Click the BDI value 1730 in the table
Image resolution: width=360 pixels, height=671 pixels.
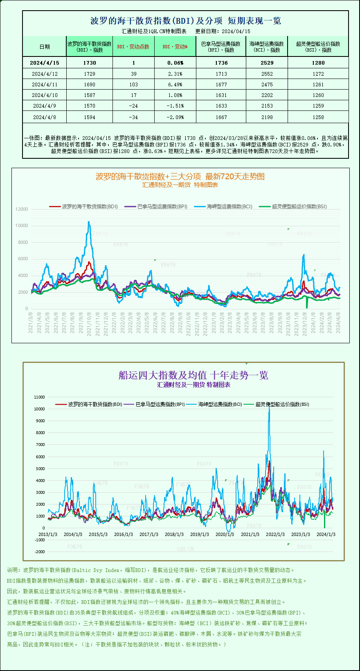tap(89, 63)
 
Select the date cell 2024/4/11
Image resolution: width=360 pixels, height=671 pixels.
tap(45, 84)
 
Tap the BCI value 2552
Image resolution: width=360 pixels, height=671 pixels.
tap(267, 74)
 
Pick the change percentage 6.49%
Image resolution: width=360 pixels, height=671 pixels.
tap(175, 84)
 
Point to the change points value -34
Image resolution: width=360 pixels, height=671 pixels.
tap(133, 117)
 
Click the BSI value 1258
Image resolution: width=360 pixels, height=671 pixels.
tap(318, 117)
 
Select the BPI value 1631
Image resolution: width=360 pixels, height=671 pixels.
tap(221, 95)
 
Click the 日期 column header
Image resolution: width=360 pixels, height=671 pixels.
tap(45, 47)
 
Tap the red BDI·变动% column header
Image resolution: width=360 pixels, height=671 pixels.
tap(175, 47)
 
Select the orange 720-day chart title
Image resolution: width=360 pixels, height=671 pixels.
tap(180, 176)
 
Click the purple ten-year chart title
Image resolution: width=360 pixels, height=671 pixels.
tap(193, 375)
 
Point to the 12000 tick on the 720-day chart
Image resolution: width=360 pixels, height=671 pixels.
tap(22, 209)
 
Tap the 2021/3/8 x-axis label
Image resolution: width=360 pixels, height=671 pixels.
tap(31, 323)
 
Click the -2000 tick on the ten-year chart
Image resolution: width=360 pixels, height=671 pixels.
tap(39, 552)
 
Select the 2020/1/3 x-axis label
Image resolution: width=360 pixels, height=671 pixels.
tap(225, 534)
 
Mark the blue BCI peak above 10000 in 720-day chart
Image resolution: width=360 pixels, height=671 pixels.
tap(89, 222)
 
